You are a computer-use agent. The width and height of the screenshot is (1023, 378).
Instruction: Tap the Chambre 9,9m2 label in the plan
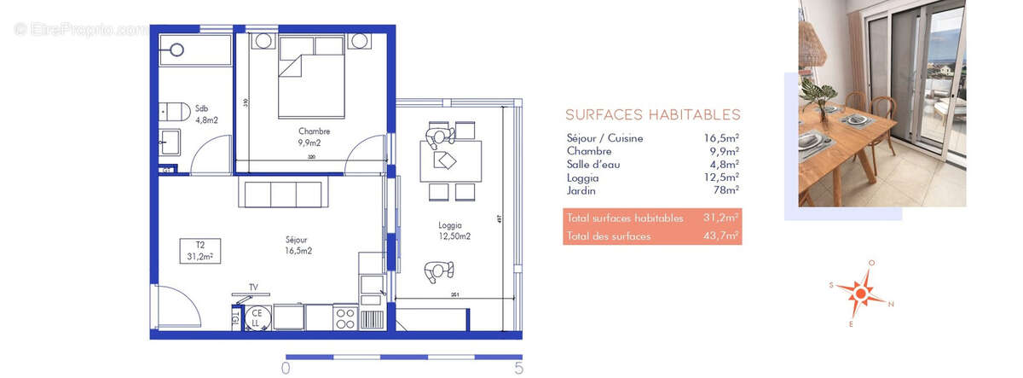314,137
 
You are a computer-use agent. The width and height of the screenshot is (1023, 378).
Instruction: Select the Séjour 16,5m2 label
298,246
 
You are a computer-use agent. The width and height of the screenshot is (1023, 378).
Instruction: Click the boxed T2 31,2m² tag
199,250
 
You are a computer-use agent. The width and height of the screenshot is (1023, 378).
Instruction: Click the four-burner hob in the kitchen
346,318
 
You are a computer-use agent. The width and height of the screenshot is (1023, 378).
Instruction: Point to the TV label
253,288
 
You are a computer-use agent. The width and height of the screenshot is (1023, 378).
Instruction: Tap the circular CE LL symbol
256,317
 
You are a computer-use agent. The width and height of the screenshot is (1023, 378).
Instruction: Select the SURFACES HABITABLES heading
652,115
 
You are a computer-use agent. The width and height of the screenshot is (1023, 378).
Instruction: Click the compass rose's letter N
891,304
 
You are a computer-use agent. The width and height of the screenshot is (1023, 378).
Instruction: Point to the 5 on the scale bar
518,369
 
